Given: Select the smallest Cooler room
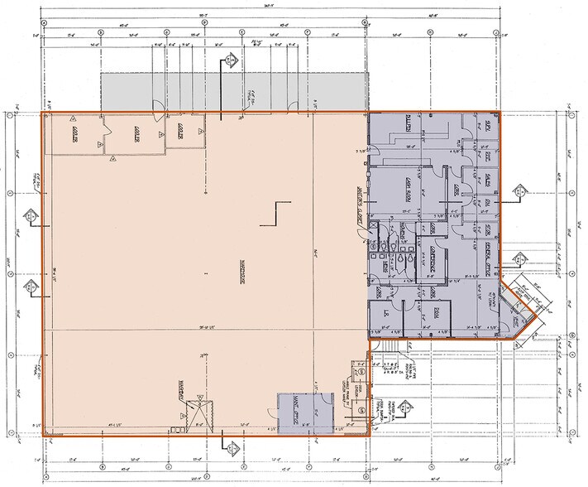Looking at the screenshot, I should pos(180,131).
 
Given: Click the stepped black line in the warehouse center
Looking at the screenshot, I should pos(275,213).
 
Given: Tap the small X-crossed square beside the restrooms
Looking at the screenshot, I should pos(375,224).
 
